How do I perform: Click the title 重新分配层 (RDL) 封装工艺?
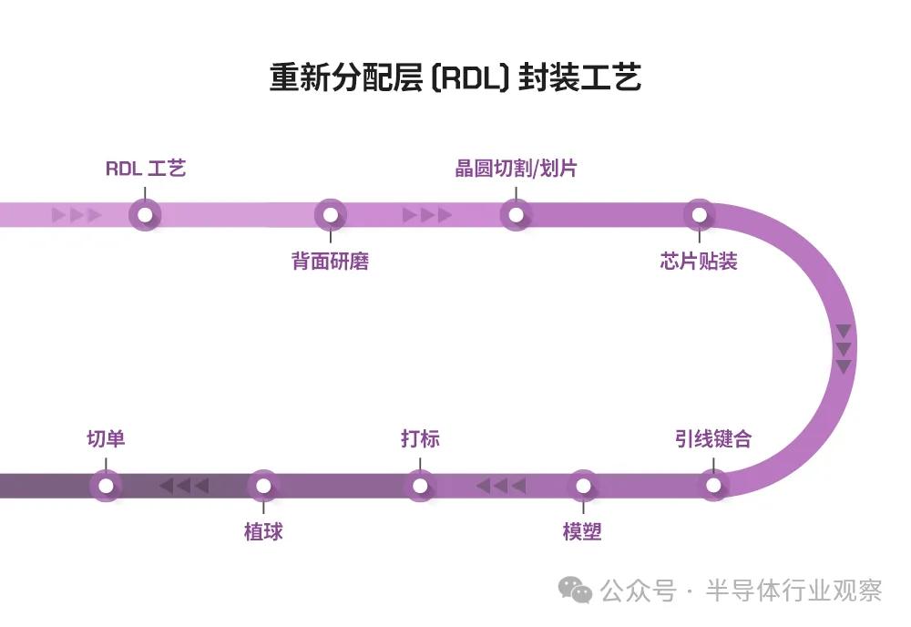(x=455, y=77)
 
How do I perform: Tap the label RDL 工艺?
(x=146, y=169)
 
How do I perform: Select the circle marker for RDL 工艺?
(x=145, y=215)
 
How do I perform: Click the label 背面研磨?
(x=330, y=262)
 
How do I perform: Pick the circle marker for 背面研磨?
(x=331, y=215)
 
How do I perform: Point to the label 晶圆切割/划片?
(x=516, y=169)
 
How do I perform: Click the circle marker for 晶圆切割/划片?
(x=516, y=215)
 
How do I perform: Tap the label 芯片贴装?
(x=699, y=262)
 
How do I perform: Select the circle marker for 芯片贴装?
(x=699, y=215)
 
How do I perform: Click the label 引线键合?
(x=713, y=438)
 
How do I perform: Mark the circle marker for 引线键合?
(x=713, y=485)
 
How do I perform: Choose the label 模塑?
(x=582, y=531)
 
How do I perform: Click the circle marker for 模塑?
(x=582, y=485)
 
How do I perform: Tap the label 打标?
(x=420, y=438)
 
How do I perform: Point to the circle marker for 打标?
(x=420, y=485)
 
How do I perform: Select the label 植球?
(x=263, y=531)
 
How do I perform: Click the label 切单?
(x=106, y=438)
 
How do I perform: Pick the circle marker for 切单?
(x=106, y=485)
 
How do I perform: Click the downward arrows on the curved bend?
(x=844, y=348)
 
